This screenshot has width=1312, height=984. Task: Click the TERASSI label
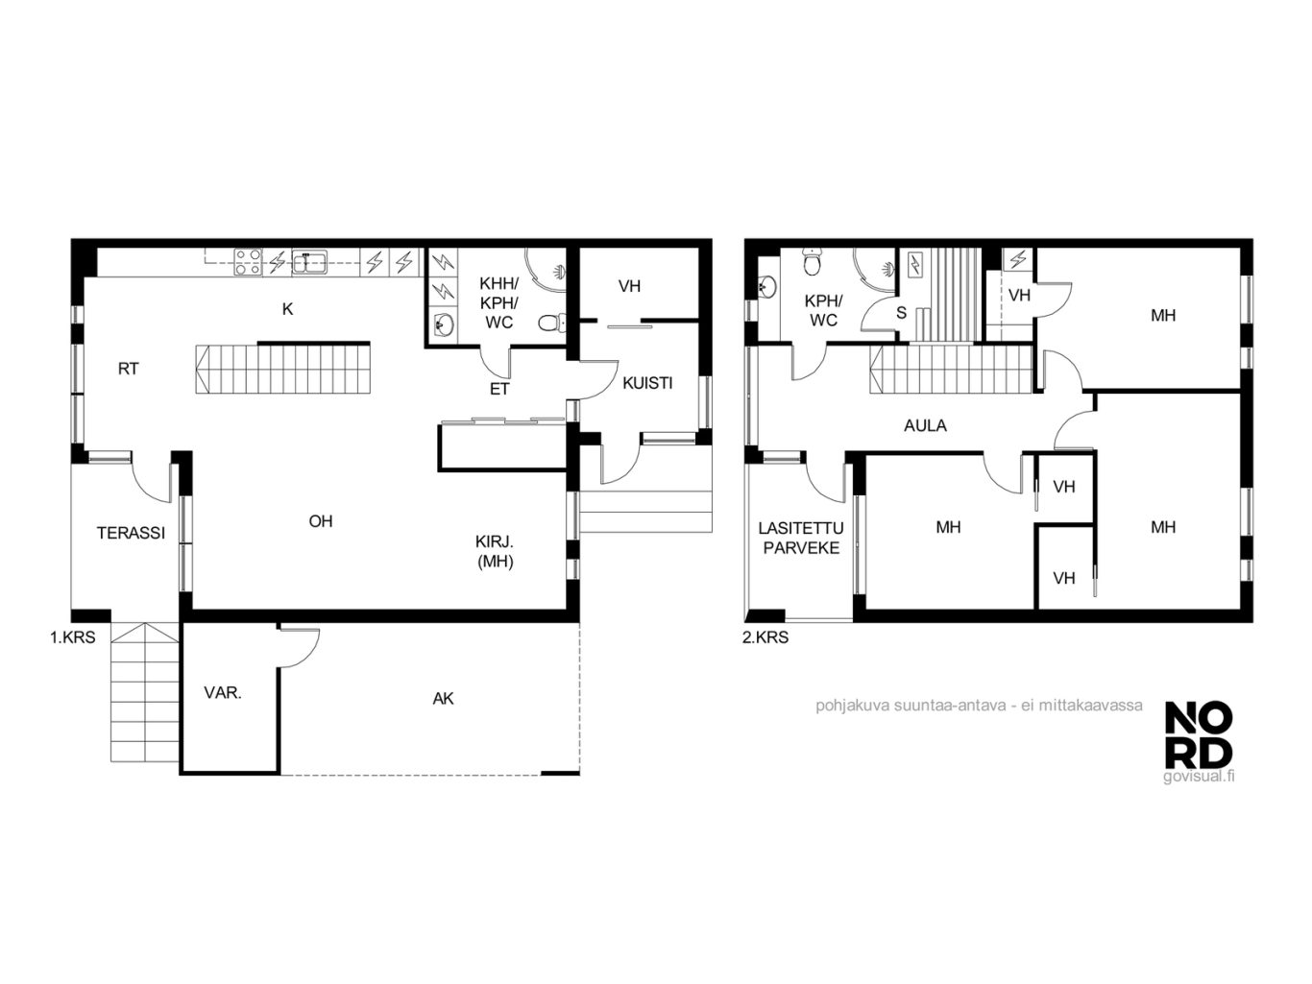click(x=131, y=533)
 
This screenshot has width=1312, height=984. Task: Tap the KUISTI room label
click(x=647, y=383)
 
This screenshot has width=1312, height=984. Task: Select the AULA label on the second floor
click(x=925, y=426)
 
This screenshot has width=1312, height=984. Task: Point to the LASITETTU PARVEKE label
click(x=801, y=538)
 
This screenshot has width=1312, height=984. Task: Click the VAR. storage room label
click(x=223, y=693)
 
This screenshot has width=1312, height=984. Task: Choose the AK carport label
click(x=443, y=699)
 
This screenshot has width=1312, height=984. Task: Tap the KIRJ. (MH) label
click(x=495, y=551)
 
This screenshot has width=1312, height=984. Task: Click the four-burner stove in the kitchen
click(x=248, y=262)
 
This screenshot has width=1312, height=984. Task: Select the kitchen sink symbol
click(x=309, y=262)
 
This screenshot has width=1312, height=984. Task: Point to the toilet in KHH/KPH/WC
click(x=550, y=324)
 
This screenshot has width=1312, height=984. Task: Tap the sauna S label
click(x=901, y=312)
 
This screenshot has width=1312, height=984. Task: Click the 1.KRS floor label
click(x=72, y=637)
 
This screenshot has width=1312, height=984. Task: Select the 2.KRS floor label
click(x=765, y=637)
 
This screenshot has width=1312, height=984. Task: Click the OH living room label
click(x=321, y=521)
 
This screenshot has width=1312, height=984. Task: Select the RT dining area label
click(x=129, y=370)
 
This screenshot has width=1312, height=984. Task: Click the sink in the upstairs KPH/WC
click(x=767, y=287)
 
